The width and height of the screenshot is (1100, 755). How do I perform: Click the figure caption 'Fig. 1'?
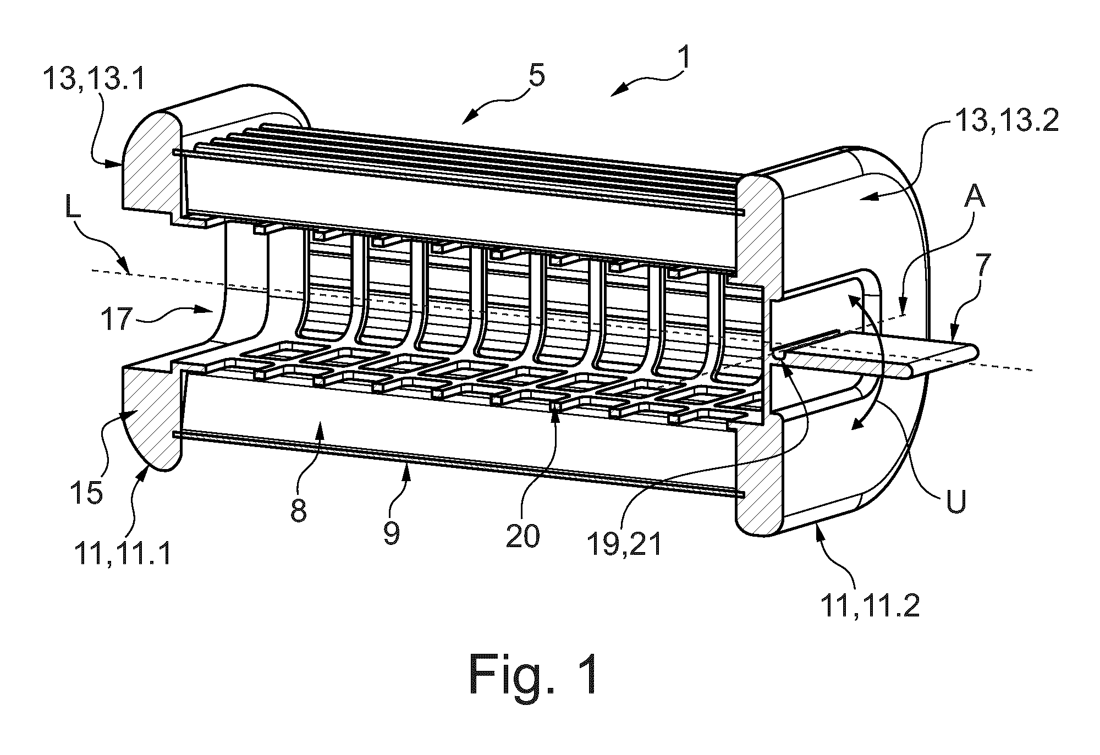533,674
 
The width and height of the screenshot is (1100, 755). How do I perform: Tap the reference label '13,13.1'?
94,80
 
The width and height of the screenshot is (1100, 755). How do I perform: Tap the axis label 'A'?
973,196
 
